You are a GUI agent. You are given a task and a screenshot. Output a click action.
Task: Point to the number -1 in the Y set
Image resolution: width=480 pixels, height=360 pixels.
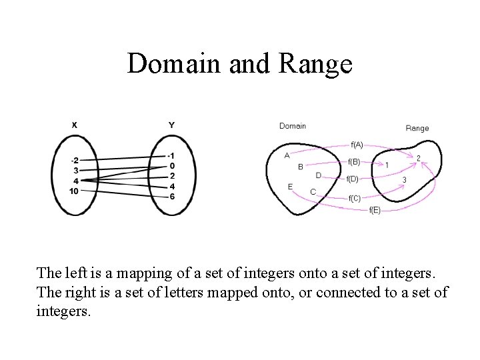172,155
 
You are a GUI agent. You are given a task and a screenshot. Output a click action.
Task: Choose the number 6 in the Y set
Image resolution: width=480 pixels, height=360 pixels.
173,196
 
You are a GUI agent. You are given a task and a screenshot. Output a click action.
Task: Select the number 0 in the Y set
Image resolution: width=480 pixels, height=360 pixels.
173,166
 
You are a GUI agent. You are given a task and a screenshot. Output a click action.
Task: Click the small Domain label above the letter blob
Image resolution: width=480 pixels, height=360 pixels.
293,125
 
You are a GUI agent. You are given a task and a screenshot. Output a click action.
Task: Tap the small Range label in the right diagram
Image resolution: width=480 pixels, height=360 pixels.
417,128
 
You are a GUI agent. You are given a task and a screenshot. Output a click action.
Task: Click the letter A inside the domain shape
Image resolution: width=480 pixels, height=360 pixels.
287,155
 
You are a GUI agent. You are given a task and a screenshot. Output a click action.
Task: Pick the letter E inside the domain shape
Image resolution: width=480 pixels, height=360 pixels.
290,187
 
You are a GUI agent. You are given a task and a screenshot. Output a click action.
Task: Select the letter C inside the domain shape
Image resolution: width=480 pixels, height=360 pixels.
313,192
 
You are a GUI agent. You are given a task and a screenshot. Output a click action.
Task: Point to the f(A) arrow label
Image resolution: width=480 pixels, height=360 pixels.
357,144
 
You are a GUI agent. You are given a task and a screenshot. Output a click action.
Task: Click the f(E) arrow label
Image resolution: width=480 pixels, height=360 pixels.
375,211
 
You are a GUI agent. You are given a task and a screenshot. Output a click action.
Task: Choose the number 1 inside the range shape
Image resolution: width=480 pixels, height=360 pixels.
387,165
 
